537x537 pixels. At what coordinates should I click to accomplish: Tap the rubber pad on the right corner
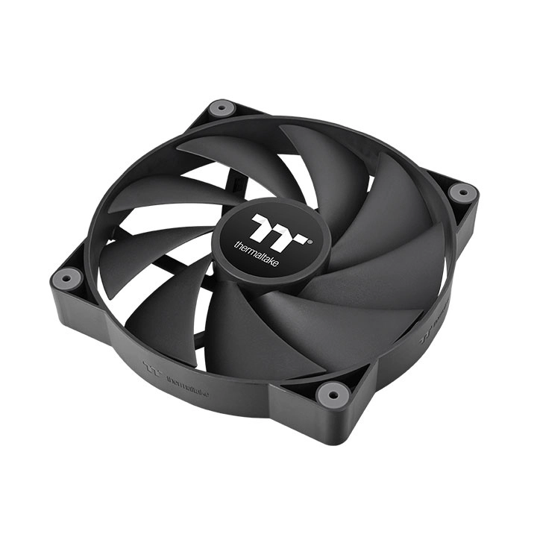pos(462,192)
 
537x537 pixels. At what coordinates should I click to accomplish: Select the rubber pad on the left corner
pos(66,279)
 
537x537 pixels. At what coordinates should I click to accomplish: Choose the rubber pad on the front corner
pos(333,393)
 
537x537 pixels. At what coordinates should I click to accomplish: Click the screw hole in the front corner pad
pos(333,393)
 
